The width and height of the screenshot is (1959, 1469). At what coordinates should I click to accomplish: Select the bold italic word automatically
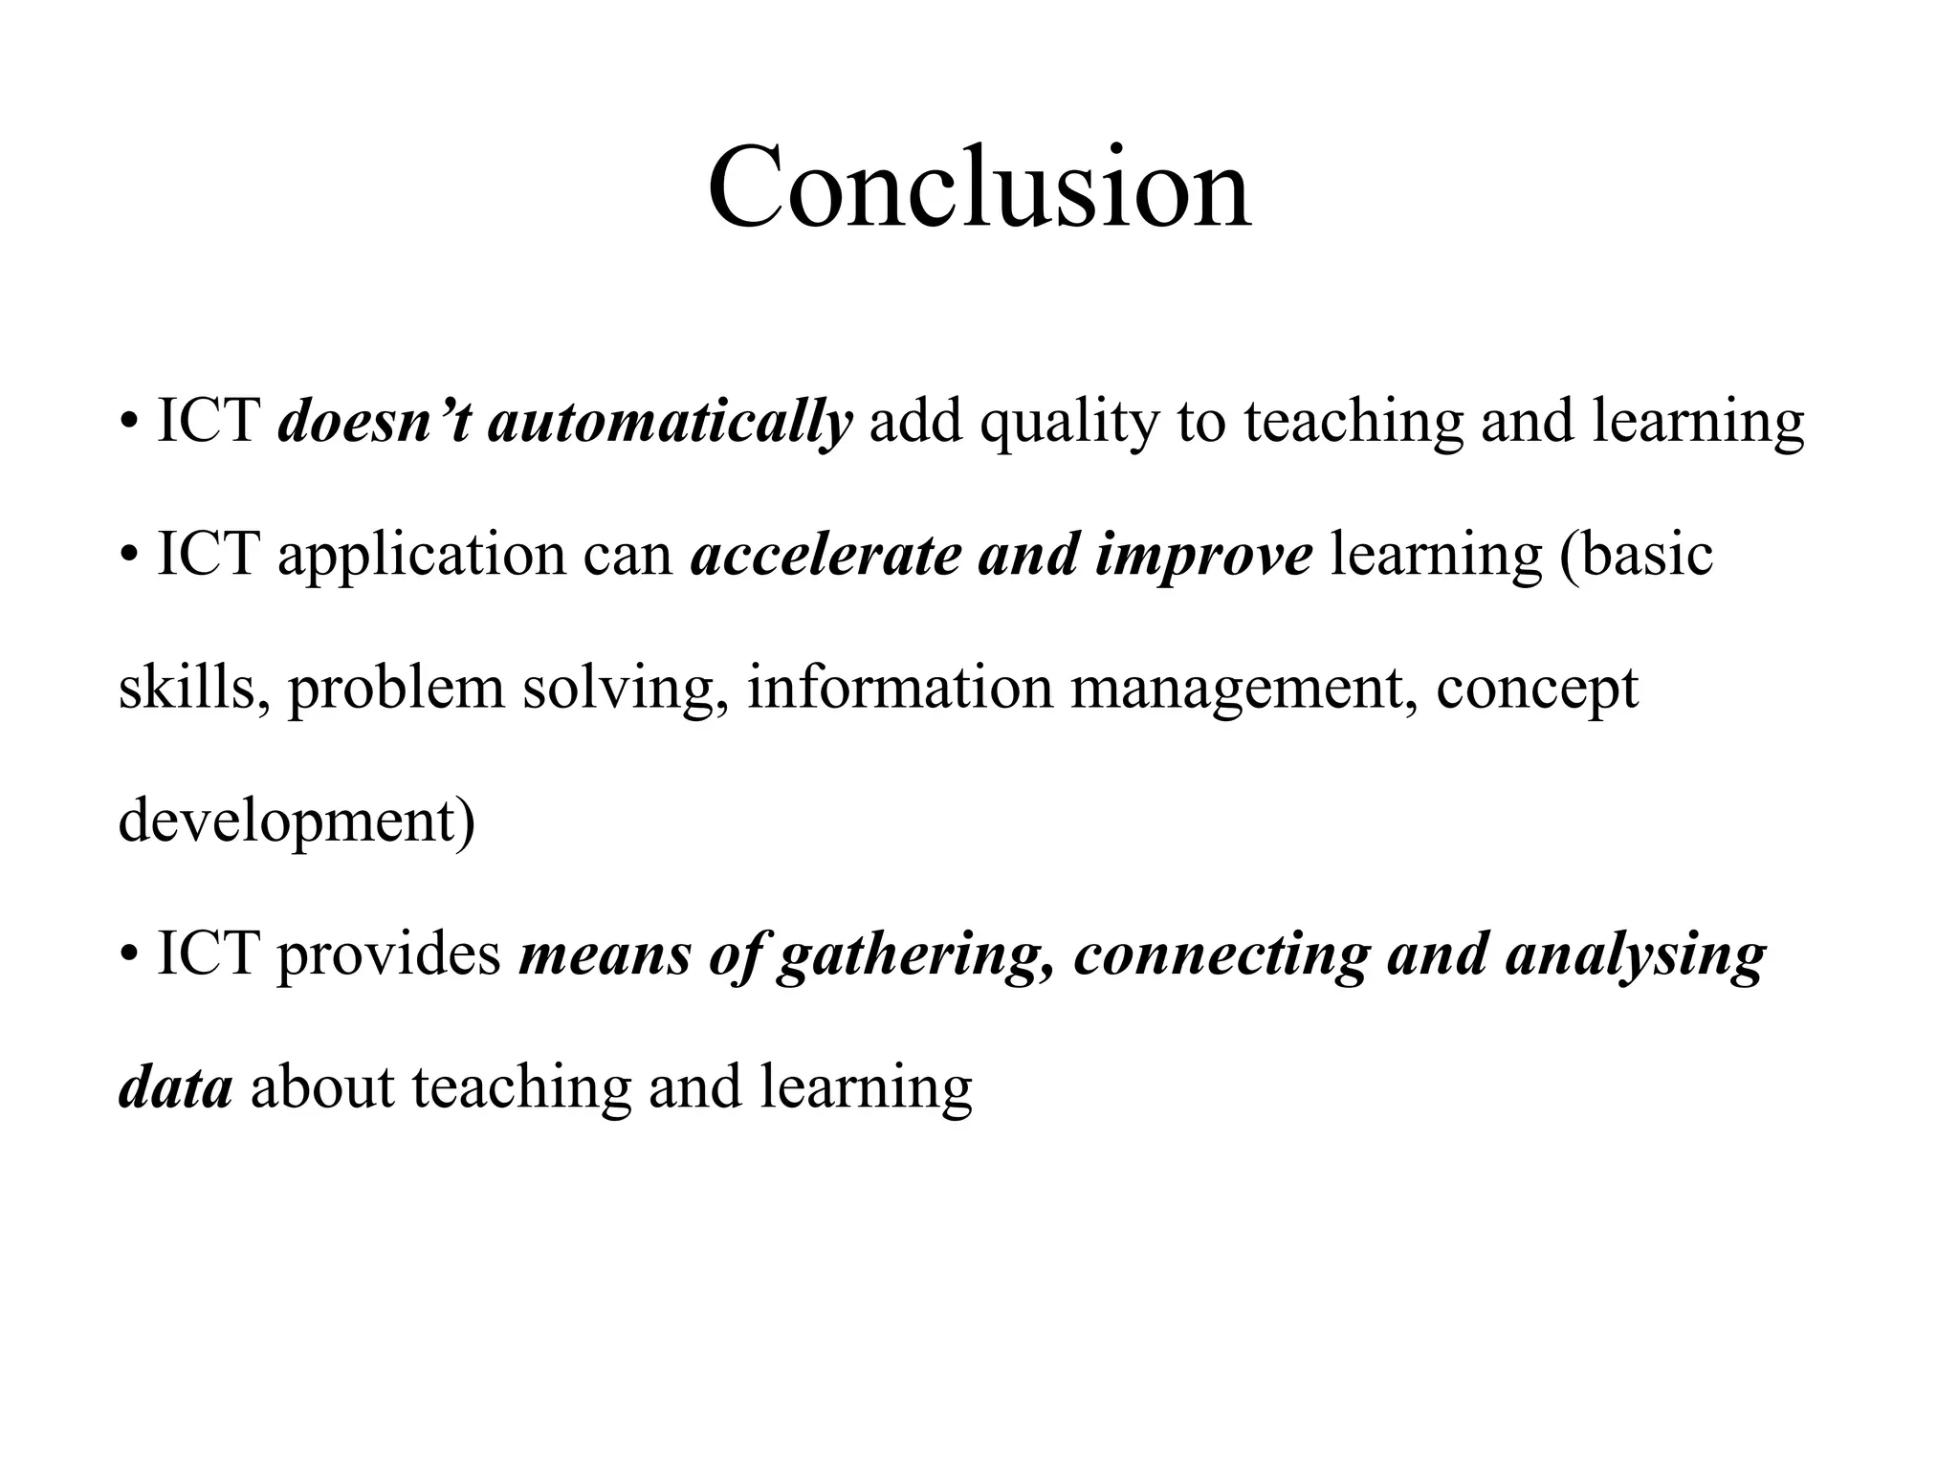670,422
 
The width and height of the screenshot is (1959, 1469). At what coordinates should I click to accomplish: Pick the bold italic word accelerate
825,555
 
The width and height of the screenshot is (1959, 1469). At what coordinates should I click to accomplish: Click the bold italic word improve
1203,556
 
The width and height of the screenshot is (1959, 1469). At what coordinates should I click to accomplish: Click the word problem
396,689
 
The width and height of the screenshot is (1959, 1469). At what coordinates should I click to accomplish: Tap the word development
287,822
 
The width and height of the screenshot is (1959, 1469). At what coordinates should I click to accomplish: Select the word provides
389,954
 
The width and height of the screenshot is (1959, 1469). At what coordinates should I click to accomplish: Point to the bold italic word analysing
1636,955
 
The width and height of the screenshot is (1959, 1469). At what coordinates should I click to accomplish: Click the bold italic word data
175,1087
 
